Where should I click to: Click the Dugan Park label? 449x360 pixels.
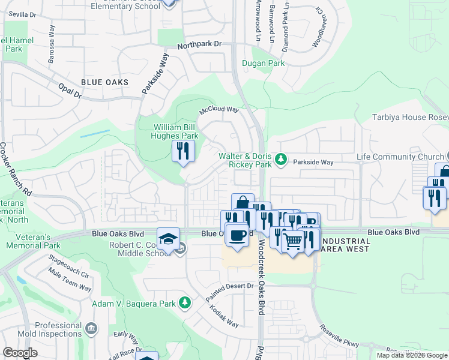click(263, 63)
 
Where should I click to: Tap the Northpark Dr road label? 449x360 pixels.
click(199, 44)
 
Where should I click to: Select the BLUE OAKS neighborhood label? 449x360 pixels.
click(104, 82)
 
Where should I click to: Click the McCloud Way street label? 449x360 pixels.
click(219, 111)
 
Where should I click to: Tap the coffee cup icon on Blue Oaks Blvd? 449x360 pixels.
click(237, 233)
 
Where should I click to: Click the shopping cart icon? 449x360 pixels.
click(292, 242)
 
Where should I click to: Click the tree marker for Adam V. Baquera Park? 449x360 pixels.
click(185, 303)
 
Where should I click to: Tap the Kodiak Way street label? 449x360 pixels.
click(223, 316)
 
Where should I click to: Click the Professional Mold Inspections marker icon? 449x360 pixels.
click(91, 328)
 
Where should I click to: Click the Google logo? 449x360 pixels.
click(20, 353)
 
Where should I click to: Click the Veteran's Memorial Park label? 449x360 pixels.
click(34, 241)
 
